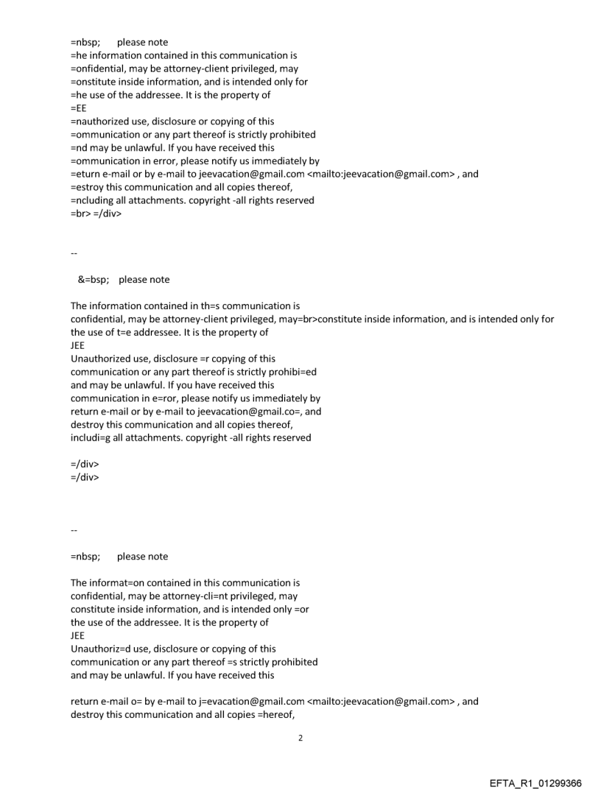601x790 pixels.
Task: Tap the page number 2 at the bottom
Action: click(x=300, y=737)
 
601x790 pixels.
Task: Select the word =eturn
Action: click(x=85, y=174)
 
